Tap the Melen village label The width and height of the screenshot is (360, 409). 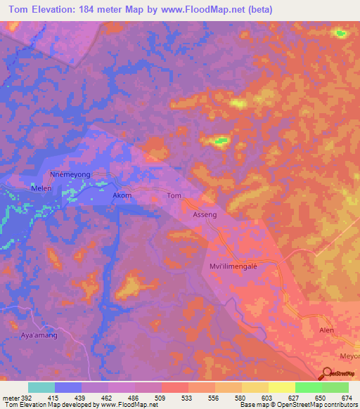(42, 188)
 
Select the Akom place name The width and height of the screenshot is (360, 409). (122, 195)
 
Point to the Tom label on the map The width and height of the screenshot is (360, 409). (174, 196)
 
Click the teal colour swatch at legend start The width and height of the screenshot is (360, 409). (41, 387)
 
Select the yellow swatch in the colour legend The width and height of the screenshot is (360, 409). (282, 387)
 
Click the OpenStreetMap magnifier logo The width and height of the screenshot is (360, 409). (327, 373)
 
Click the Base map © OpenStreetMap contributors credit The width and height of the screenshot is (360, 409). (298, 405)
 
